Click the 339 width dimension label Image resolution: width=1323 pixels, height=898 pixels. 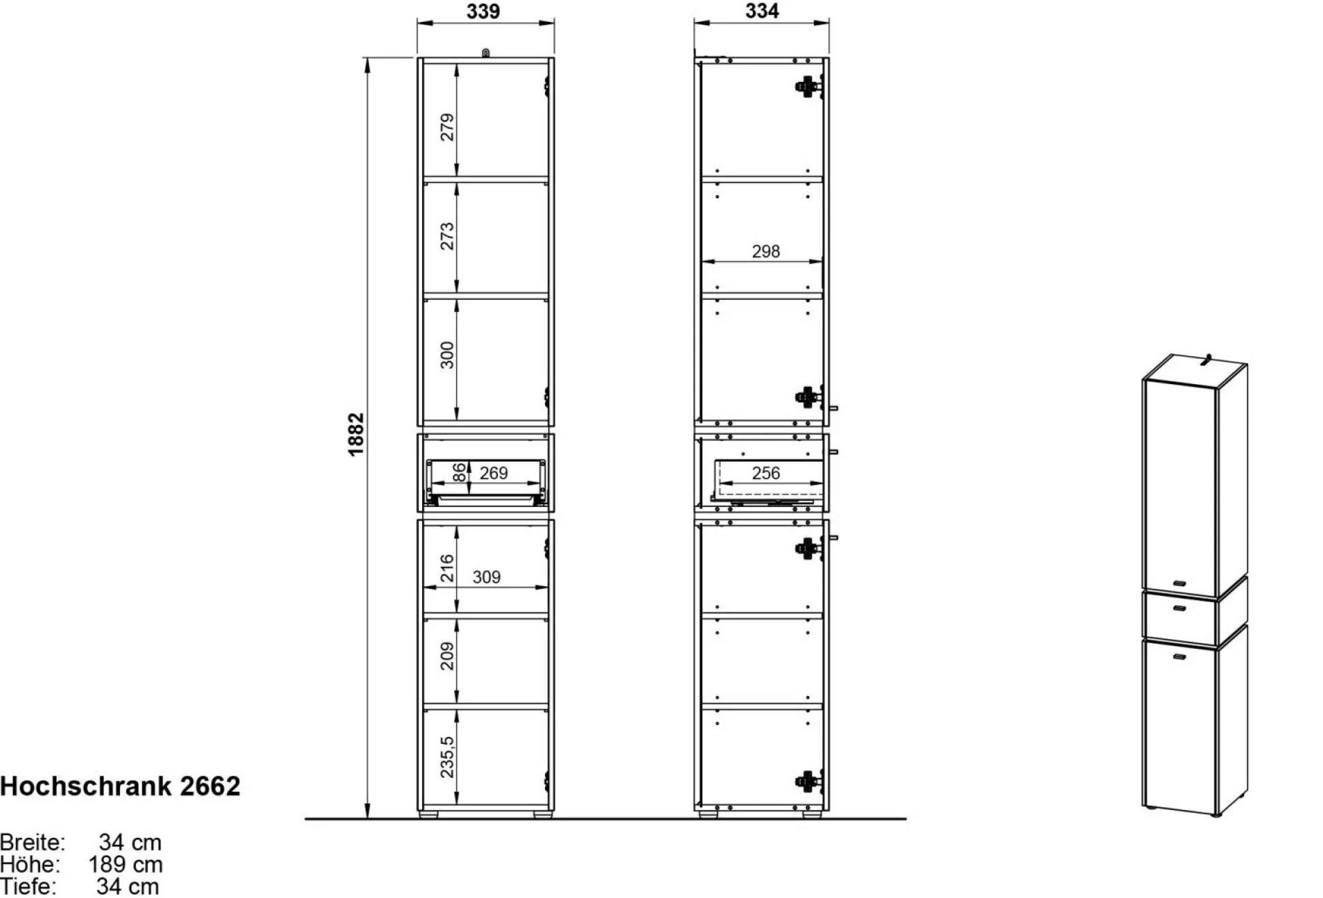click(483, 12)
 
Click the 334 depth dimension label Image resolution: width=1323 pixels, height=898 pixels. click(762, 11)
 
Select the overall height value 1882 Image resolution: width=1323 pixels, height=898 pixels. click(356, 434)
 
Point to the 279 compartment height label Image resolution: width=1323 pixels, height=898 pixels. click(447, 127)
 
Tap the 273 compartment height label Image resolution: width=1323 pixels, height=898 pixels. click(447, 236)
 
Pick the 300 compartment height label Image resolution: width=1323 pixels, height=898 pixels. click(447, 356)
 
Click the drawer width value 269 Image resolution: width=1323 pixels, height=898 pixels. click(494, 473)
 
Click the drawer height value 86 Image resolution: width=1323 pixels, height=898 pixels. click(460, 472)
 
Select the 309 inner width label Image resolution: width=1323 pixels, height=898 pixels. click(486, 577)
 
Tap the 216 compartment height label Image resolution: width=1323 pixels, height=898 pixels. click(447, 568)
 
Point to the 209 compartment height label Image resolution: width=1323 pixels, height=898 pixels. click(447, 656)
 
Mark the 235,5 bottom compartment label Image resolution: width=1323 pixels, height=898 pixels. click(447, 757)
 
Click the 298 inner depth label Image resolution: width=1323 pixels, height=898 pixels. click(766, 252)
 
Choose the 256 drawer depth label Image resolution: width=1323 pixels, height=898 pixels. click(766, 473)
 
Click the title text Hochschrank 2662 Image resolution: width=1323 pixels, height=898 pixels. click(120, 786)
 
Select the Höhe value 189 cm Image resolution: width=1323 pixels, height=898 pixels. click(125, 865)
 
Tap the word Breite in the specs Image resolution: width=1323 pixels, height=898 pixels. click(32, 842)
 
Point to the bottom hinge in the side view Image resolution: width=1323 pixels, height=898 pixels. click(809, 782)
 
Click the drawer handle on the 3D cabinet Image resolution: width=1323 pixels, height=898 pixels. click(1180, 607)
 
